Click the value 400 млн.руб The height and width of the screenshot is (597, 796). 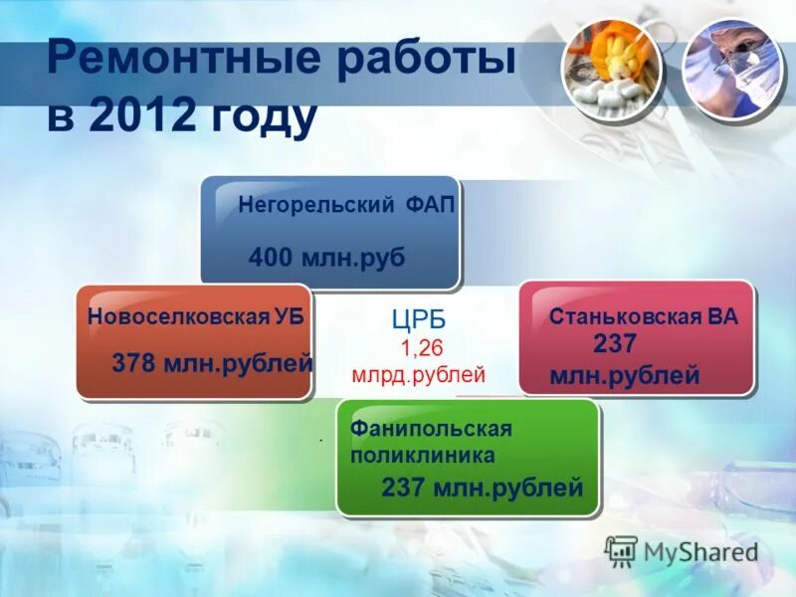click(326, 258)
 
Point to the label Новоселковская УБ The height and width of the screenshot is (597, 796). click(195, 317)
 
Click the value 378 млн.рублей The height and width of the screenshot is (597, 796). click(212, 363)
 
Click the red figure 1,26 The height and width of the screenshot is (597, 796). click(421, 348)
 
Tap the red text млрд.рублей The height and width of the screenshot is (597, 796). click(418, 375)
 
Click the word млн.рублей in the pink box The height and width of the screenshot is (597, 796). click(624, 376)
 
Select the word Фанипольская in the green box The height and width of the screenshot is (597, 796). click(430, 429)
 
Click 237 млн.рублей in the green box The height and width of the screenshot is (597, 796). click(482, 488)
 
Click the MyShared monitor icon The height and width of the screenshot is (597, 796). click(621, 551)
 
